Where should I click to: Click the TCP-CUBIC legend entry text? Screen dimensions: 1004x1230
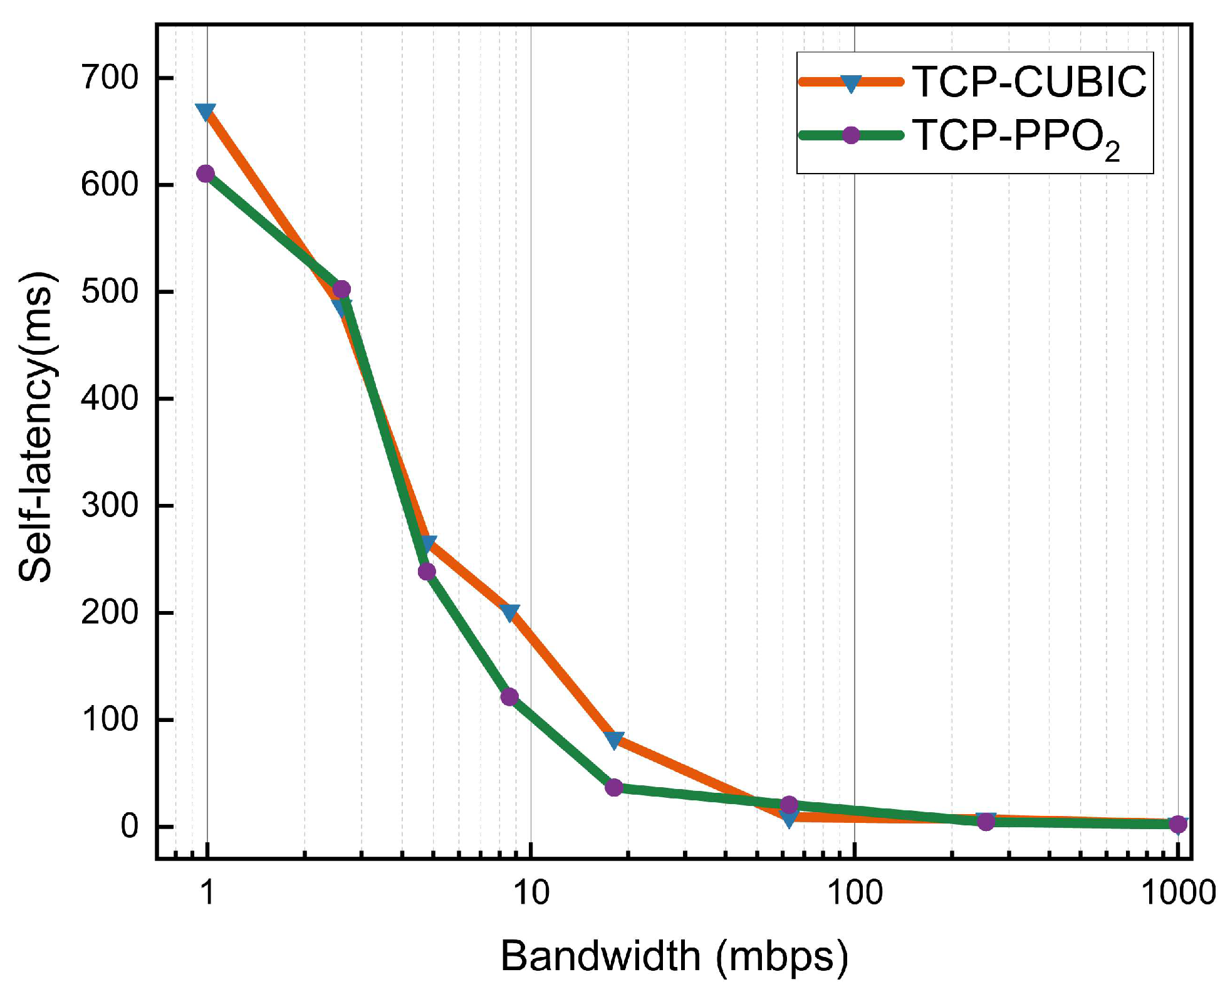pos(1029,82)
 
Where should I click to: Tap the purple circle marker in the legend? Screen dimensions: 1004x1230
pos(850,135)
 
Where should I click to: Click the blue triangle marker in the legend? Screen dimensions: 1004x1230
pos(850,83)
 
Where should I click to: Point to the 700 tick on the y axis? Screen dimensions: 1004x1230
pos(110,78)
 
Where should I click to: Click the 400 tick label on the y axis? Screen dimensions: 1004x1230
pos(110,399)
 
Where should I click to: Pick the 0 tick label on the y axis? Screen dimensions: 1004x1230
pos(129,826)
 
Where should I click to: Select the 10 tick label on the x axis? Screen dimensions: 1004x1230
pos(531,892)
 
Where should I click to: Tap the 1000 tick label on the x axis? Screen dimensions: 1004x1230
pos(1177,892)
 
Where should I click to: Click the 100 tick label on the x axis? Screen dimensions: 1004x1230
pos(854,892)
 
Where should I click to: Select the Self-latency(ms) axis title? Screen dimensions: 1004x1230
pos(36,427)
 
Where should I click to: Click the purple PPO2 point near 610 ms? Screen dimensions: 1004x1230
pos(206,174)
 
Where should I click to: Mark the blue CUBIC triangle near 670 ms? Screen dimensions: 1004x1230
pos(206,112)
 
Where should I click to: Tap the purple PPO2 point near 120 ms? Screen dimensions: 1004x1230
pos(509,697)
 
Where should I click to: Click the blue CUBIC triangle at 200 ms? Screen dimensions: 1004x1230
pos(510,612)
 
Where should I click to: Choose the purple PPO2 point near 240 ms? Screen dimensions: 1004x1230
pos(427,572)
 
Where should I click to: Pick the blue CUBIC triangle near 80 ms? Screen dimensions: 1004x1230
pos(615,740)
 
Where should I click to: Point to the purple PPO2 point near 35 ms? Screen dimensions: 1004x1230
pos(614,787)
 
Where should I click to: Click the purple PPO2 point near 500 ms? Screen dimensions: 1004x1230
pos(341,289)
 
